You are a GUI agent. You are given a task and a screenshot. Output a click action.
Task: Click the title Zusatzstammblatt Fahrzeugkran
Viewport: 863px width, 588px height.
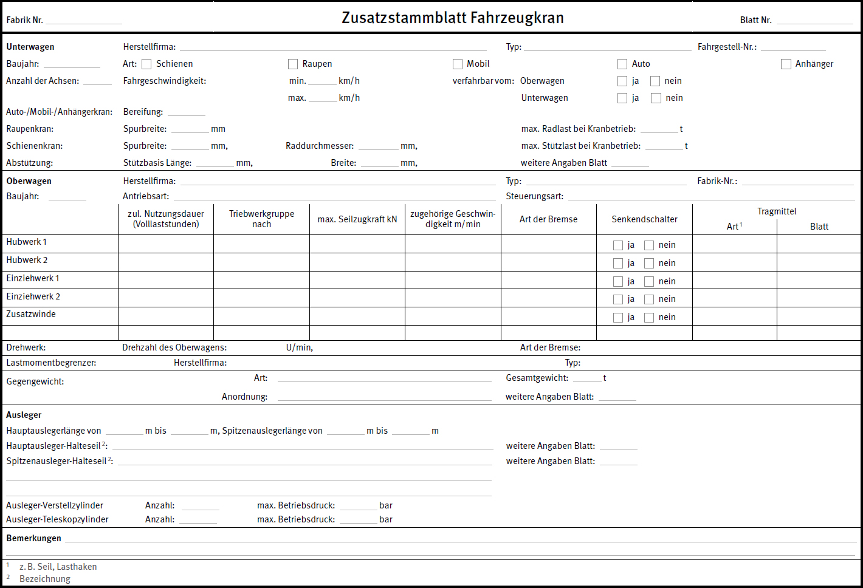click(x=453, y=18)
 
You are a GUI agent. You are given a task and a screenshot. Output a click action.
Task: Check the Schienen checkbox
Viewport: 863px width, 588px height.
click(x=146, y=64)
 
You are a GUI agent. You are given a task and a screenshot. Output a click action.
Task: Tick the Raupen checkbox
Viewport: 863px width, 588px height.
click(x=293, y=64)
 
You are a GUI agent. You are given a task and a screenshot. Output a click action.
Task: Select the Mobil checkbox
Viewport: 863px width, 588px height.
click(x=458, y=64)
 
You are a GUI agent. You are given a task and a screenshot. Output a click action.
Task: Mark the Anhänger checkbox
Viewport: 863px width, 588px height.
click(x=786, y=64)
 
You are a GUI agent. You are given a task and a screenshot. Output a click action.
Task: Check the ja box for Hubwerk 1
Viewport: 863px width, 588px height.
click(x=618, y=245)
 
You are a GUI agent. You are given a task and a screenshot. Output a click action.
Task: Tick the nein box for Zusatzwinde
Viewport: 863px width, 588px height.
click(x=649, y=318)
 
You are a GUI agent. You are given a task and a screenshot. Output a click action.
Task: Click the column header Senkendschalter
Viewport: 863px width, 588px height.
click(x=644, y=219)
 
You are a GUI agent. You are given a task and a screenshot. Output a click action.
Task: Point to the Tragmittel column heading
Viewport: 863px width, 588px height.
click(x=777, y=211)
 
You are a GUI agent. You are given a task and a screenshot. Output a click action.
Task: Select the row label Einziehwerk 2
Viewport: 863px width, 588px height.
click(x=33, y=296)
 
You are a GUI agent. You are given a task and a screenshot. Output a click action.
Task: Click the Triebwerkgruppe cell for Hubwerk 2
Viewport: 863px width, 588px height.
click(x=261, y=262)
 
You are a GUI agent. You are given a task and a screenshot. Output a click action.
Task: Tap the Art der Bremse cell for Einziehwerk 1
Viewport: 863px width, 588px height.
click(x=548, y=281)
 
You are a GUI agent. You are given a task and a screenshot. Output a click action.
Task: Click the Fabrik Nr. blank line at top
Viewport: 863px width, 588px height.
click(x=84, y=21)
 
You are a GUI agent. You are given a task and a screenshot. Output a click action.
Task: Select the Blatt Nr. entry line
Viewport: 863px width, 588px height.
click(x=814, y=21)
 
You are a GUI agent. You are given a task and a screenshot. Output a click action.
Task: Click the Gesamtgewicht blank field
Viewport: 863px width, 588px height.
click(x=586, y=378)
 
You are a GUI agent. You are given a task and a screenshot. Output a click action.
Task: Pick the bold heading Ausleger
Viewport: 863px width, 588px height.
click(x=24, y=415)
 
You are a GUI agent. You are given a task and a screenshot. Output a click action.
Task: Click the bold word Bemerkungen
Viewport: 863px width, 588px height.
click(x=33, y=538)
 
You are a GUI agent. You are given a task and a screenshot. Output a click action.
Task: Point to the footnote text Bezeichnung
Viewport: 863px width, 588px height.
click(x=45, y=579)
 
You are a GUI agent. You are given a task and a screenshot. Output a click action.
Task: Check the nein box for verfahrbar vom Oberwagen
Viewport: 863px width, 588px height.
click(x=655, y=81)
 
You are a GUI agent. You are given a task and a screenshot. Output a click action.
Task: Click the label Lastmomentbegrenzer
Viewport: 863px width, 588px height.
click(x=51, y=363)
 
